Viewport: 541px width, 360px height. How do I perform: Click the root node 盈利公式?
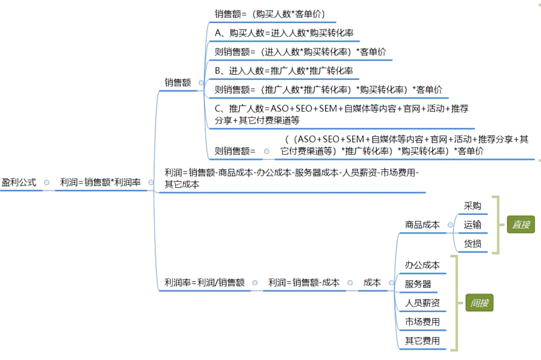click(19, 182)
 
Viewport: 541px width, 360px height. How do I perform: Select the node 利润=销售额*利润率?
click(100, 182)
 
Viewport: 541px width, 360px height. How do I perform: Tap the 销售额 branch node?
click(178, 82)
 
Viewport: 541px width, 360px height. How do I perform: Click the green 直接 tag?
click(521, 224)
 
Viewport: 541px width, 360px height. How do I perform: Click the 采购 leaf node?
click(473, 206)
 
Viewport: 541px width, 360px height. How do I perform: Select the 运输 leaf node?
click(473, 224)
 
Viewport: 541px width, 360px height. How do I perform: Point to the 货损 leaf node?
click(473, 244)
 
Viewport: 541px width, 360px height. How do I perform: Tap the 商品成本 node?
click(422, 224)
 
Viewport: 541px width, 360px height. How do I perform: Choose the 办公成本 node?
click(422, 265)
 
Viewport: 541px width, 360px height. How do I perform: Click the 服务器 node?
click(418, 284)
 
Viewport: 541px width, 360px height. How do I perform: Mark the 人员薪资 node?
click(422, 303)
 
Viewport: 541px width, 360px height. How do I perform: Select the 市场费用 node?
click(422, 322)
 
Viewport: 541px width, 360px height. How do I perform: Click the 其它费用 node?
click(422, 341)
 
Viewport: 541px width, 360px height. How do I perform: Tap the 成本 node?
click(372, 283)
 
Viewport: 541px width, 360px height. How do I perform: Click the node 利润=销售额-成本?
click(304, 283)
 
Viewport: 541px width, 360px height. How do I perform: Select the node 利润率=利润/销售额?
click(204, 283)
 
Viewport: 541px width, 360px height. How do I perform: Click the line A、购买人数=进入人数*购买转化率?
click(285, 33)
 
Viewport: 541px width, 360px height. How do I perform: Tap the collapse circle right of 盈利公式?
click(47, 183)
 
